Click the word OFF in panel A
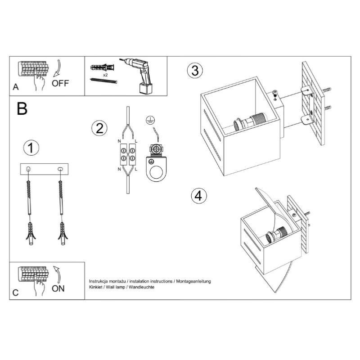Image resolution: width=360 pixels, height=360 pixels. pos(60,83)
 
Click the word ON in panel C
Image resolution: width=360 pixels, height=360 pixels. pos(58,288)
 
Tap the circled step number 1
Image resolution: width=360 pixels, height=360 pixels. pos(31,148)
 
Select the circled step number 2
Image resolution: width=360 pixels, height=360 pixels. pos(99,128)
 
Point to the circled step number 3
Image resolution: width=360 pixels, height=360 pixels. pos(195,70)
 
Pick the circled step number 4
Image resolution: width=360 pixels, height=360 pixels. pos(199,196)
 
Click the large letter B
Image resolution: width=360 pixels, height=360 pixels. pos(22,108)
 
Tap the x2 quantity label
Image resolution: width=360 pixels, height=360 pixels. pos(105,75)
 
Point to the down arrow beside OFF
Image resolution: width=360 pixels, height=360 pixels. pos(58,68)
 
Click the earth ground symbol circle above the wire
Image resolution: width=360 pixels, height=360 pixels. pos(150,121)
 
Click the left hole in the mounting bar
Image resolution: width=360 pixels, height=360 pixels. pos(28,169)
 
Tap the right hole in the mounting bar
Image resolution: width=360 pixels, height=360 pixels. pos(60,169)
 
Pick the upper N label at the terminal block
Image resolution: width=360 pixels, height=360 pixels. pos(119,141)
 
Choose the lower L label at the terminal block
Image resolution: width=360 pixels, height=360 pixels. pos(136,170)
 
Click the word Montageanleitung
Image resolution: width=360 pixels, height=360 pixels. pos(193,281)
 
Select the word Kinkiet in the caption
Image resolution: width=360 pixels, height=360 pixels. pos(95,287)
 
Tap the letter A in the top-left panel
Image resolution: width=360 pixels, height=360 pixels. pos(16,87)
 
